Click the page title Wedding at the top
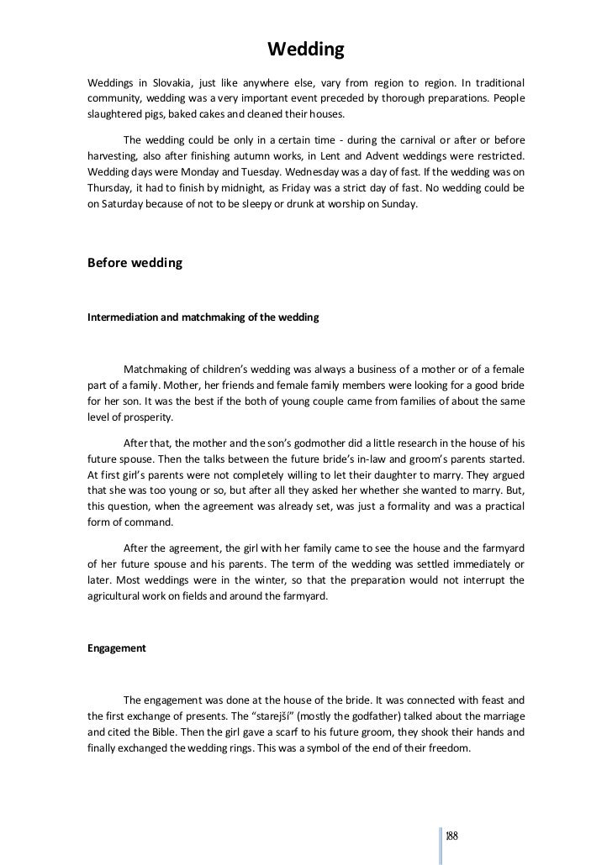306,50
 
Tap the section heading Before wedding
135,263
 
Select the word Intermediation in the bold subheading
129,317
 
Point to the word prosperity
146,417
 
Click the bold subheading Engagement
117,648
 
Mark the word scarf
291,731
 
